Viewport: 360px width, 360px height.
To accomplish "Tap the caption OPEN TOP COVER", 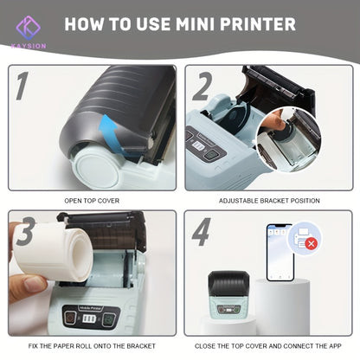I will (x=92, y=200).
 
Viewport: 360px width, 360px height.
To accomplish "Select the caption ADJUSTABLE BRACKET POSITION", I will (x=268, y=200).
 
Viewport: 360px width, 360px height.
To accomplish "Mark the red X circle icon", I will (x=309, y=245).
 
